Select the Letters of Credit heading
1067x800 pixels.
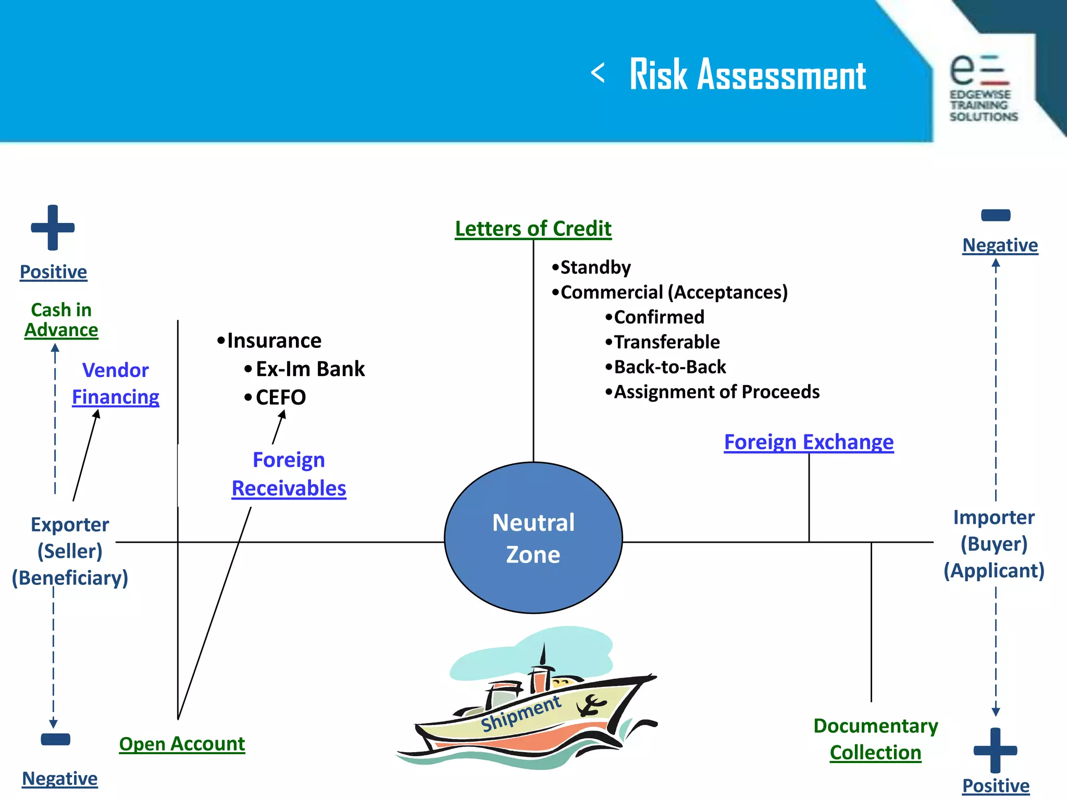(x=533, y=229)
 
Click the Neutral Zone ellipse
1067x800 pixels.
(x=533, y=537)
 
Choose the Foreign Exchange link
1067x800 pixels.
(x=809, y=442)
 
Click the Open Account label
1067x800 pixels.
(x=182, y=744)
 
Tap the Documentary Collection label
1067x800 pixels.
(x=875, y=739)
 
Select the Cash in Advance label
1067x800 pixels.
(x=61, y=320)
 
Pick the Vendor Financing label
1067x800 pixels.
(x=116, y=383)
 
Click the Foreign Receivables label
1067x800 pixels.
(x=289, y=474)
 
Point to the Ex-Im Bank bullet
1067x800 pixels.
(x=310, y=369)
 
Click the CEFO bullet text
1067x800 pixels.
(x=280, y=397)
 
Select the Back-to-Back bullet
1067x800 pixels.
(x=669, y=367)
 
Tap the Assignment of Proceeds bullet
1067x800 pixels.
(x=716, y=392)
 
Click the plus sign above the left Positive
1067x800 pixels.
(x=53, y=228)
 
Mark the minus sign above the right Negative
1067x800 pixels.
(x=996, y=215)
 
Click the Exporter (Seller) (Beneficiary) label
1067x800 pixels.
(x=70, y=551)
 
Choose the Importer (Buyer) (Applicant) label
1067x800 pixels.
(x=994, y=544)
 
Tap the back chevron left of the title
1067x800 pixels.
(x=598, y=73)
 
